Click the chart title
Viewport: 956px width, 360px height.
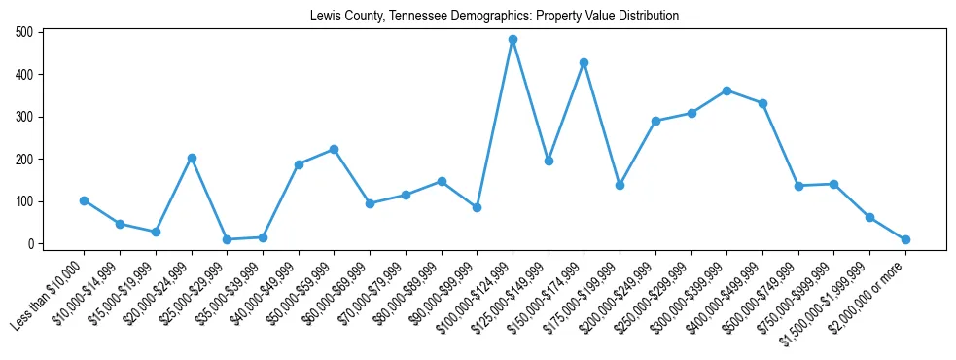click(494, 16)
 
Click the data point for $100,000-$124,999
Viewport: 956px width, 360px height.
click(513, 40)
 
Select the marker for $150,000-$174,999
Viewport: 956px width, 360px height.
click(584, 62)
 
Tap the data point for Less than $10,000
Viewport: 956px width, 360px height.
click(84, 200)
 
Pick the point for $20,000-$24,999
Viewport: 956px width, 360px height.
click(192, 158)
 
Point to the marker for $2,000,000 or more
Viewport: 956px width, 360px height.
click(905, 239)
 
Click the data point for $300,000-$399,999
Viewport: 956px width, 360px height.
click(727, 90)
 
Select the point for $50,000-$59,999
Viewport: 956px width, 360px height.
click(334, 149)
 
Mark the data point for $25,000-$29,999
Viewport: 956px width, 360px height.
click(227, 239)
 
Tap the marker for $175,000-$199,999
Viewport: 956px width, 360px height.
click(620, 185)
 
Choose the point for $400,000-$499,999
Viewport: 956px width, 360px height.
click(763, 103)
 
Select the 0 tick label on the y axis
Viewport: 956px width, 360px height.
click(31, 244)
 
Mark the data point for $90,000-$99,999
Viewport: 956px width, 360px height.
click(477, 207)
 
